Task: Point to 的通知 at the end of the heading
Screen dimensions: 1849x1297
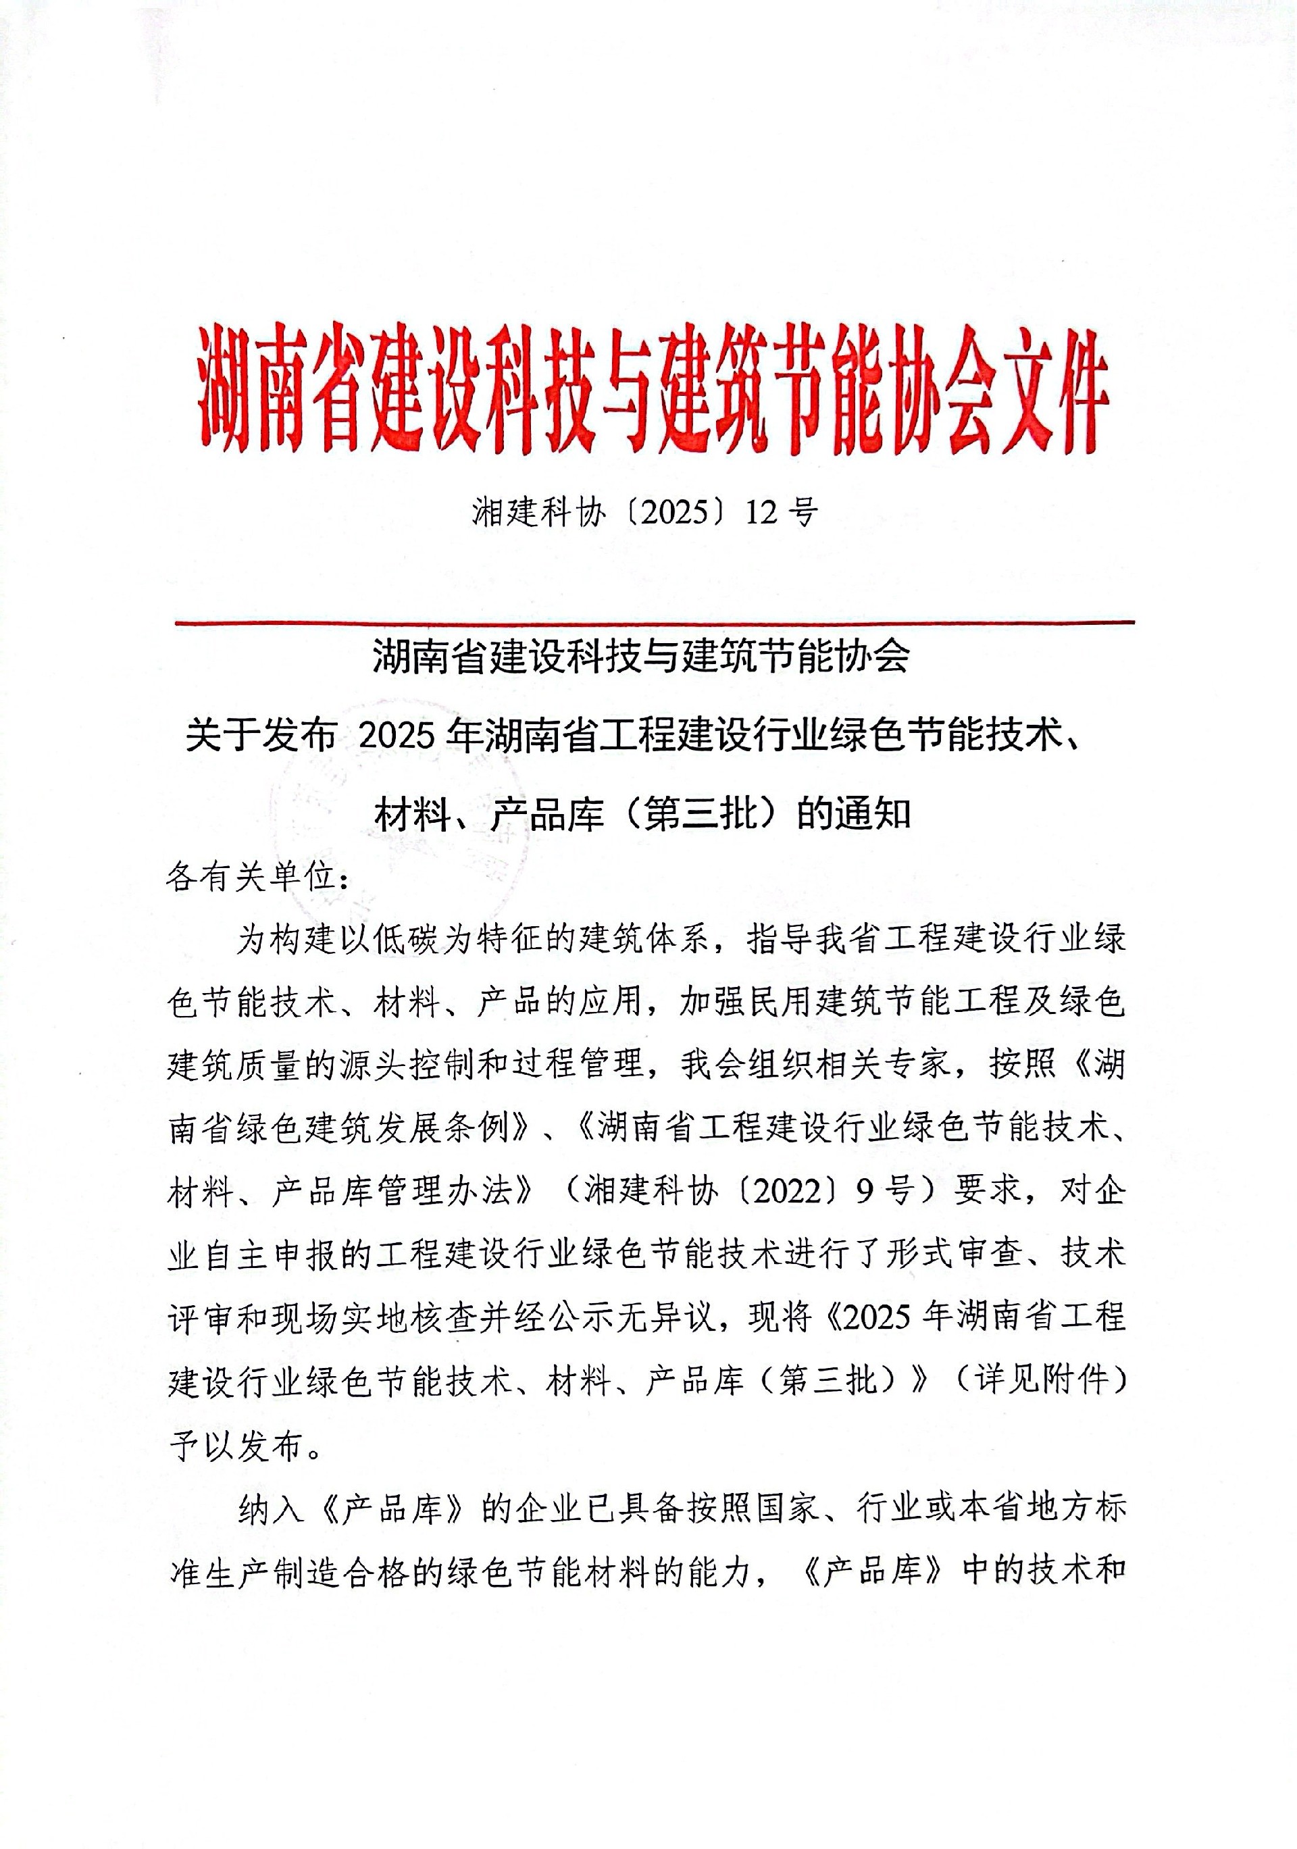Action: (853, 814)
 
